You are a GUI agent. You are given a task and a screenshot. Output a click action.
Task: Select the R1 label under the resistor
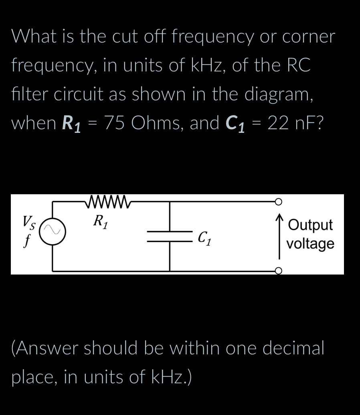coord(99,221)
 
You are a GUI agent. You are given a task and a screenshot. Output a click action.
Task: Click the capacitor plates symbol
coord(170,236)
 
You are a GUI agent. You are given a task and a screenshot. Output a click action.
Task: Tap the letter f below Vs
coord(27,241)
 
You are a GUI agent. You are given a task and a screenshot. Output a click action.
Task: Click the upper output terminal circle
coord(279,201)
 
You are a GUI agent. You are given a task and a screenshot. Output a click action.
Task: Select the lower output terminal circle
coord(279,271)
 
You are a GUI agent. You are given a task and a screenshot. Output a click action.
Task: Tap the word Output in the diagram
coord(310,225)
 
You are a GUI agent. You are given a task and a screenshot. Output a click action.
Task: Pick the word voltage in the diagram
coord(310,243)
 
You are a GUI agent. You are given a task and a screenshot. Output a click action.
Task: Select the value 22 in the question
coord(278,122)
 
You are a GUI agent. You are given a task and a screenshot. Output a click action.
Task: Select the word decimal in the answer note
coord(292,348)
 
